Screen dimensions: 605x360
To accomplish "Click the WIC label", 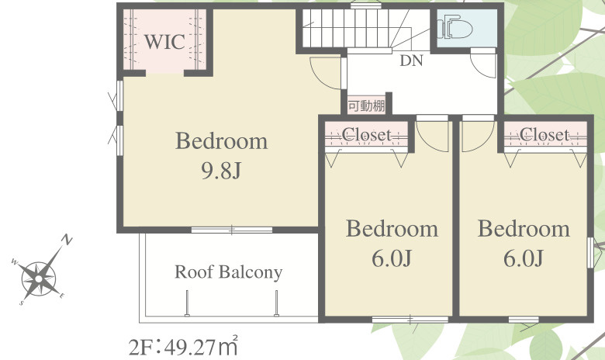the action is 164,42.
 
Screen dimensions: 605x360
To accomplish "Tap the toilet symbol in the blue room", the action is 455,27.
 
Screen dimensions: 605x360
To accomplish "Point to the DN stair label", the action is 411,61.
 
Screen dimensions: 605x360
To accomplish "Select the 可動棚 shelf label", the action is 367,106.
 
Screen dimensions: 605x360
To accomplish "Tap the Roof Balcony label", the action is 228,272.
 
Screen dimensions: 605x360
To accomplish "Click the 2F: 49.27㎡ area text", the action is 183,347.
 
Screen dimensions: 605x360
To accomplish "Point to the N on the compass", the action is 67,241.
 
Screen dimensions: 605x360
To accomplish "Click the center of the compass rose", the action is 38,279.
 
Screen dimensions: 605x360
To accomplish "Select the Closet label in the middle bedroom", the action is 367,135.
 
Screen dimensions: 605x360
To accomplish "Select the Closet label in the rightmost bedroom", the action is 544,135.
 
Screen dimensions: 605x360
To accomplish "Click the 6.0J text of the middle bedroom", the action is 392,258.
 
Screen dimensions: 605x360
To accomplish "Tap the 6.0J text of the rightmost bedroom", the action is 524,258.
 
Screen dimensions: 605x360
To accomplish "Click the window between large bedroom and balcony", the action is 232,230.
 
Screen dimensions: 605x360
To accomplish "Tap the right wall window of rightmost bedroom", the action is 590,253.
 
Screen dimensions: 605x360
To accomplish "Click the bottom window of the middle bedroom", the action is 410,320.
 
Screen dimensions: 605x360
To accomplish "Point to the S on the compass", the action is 22,303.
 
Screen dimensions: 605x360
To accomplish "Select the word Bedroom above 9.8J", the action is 222,141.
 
